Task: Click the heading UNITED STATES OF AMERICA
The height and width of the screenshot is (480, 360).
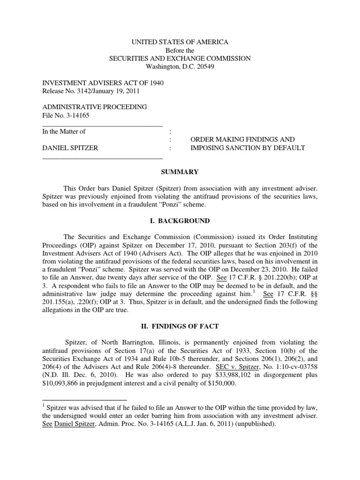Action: point(180,42)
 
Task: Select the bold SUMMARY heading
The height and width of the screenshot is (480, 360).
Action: point(180,172)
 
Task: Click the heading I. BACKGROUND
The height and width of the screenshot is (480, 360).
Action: point(180,221)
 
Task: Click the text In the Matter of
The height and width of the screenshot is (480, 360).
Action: point(64,132)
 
